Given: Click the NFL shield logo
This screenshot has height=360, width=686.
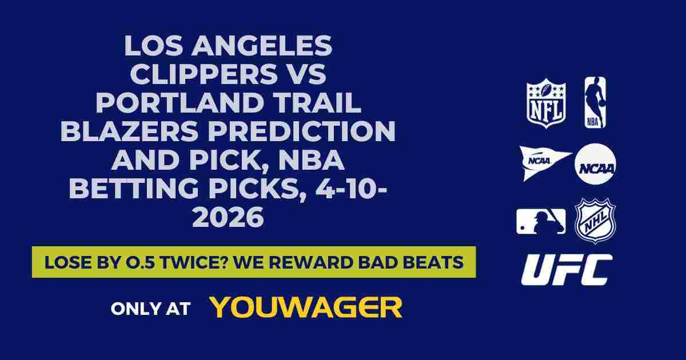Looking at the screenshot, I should coord(546,103).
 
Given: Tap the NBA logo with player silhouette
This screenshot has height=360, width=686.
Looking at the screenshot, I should coord(595,103).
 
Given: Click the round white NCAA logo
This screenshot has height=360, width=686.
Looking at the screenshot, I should coord(595,163).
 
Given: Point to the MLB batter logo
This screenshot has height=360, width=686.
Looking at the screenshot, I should coord(541,221).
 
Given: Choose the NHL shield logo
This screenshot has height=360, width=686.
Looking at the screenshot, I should coord(595,221).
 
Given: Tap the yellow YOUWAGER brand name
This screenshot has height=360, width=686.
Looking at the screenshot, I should coord(306,307).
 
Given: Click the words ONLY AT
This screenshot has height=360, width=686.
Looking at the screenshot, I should coord(150,309).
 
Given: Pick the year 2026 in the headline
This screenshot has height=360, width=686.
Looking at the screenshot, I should coord(228,218).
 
